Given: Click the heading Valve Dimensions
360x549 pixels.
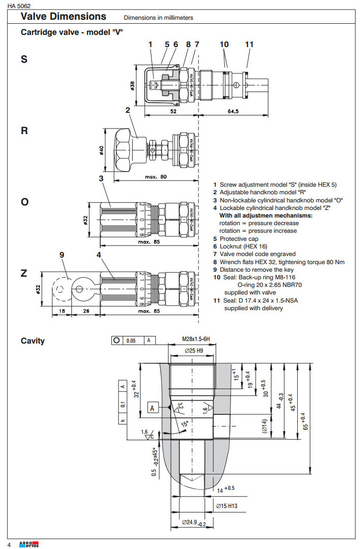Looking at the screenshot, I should [63, 17].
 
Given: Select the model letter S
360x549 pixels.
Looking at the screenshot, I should [24, 60].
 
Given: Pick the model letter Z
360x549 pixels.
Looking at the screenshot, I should [24, 273].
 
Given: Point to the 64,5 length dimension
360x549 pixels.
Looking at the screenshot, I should [233, 111].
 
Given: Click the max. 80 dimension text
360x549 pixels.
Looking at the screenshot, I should [156, 177].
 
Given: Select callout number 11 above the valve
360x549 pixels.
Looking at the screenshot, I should [249, 45].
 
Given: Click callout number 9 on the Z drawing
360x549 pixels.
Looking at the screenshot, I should [62, 256].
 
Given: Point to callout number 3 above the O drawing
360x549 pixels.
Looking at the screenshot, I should [101, 178].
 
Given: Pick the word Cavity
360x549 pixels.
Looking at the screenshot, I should [32, 341].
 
